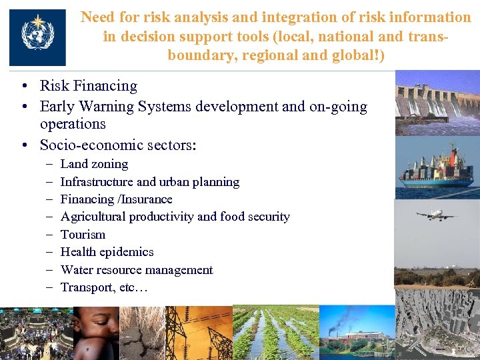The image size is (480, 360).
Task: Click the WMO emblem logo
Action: (x=37, y=37)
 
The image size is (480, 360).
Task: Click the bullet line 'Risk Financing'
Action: (x=88, y=86)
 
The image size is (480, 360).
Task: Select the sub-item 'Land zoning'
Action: (x=94, y=164)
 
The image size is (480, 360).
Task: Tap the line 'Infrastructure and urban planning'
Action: (x=149, y=181)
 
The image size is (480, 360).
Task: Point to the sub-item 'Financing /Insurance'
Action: (x=116, y=199)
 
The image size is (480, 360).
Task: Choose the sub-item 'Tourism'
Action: (x=83, y=235)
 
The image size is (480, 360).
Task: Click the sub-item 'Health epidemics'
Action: (x=107, y=252)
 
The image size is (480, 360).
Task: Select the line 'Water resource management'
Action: (x=137, y=270)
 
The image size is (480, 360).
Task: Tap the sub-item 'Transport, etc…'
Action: (x=104, y=287)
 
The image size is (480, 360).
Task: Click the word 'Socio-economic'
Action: (x=85, y=145)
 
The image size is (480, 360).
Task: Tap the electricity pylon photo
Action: (x=199, y=333)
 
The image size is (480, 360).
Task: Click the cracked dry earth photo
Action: (x=142, y=333)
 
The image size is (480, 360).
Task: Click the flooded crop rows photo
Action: (x=275, y=333)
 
